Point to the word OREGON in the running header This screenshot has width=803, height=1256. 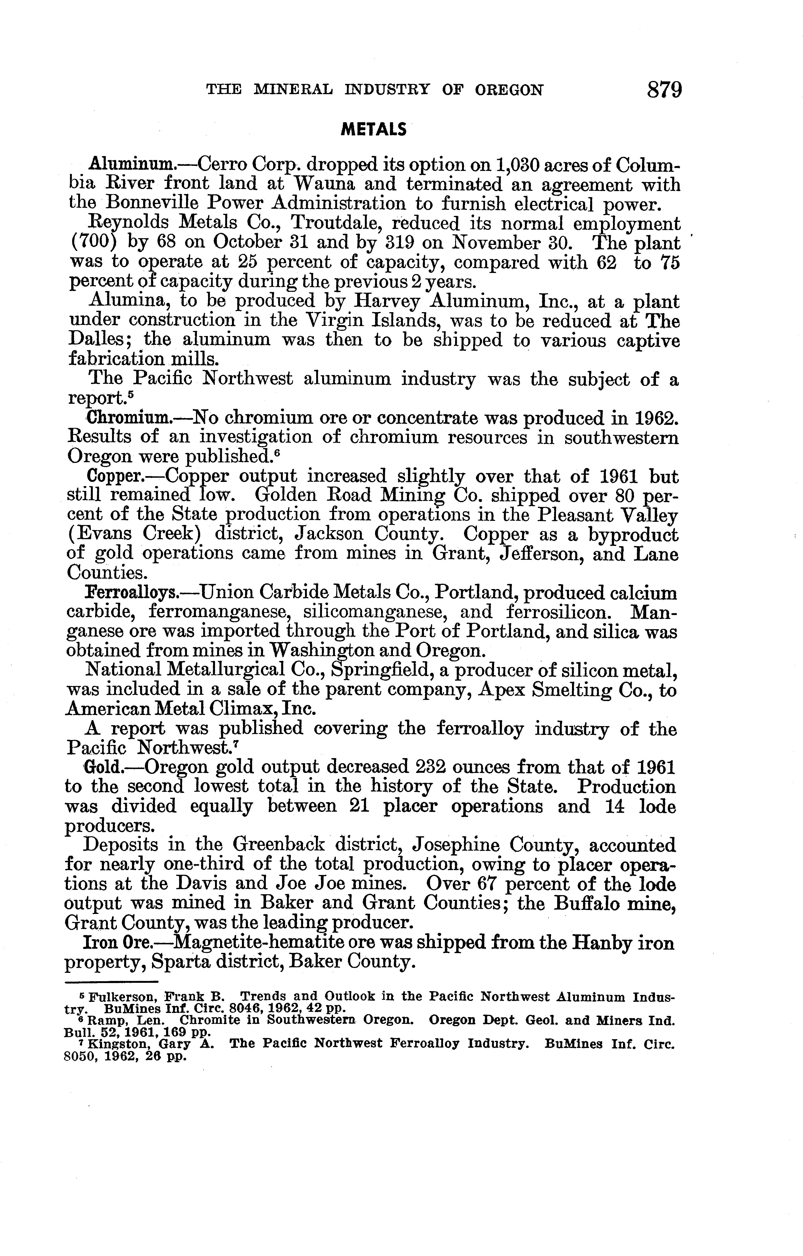(509, 90)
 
